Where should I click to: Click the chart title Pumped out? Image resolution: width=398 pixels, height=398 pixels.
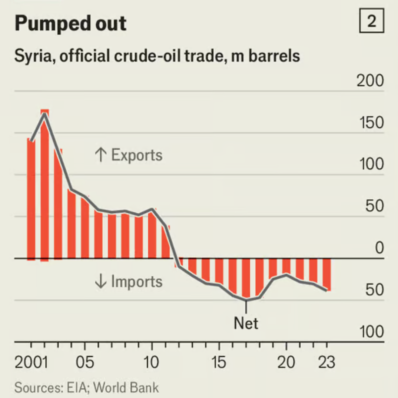(x=70, y=24)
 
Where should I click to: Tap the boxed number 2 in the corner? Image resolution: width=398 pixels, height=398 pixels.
(x=371, y=22)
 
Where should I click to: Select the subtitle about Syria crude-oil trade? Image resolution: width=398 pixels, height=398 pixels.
(x=157, y=56)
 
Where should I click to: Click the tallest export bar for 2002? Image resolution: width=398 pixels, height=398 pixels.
(x=44, y=185)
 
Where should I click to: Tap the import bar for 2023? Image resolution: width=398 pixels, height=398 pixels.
(x=327, y=274)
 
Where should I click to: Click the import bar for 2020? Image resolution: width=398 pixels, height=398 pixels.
(x=286, y=266)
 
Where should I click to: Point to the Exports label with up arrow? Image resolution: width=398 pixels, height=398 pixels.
(x=129, y=155)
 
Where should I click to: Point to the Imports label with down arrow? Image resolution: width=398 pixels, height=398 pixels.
(x=129, y=282)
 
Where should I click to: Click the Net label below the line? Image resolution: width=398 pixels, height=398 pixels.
(x=246, y=324)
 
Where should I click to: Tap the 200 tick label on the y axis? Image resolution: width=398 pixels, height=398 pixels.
(x=370, y=81)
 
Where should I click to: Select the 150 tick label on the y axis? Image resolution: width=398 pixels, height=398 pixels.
(x=371, y=123)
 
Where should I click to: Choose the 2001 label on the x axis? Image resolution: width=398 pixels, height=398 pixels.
(x=31, y=362)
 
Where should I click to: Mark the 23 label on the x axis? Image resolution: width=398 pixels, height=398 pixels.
(x=326, y=362)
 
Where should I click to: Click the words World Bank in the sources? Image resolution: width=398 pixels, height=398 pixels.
(x=126, y=388)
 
